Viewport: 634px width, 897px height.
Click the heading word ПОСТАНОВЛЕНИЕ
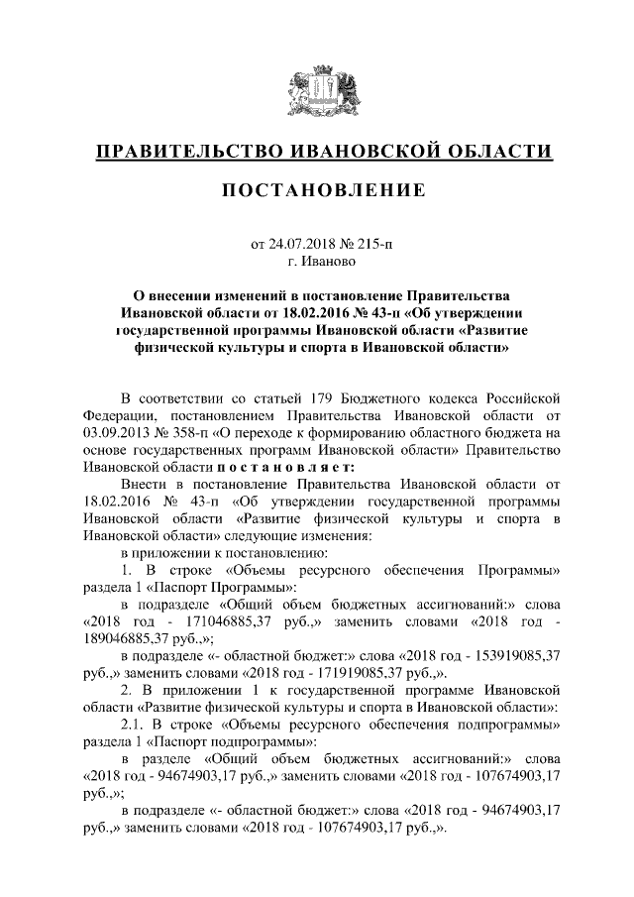317,189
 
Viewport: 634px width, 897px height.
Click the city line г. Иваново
317,262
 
